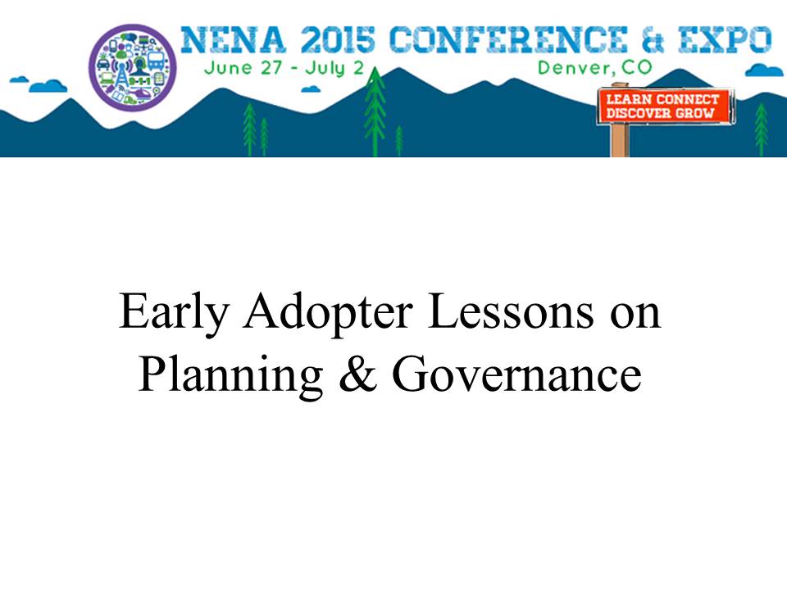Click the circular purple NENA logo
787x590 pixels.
(x=133, y=67)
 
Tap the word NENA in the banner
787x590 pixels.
(x=234, y=39)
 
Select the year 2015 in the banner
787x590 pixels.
(x=338, y=39)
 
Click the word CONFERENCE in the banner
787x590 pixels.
(x=508, y=39)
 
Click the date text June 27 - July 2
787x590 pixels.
(x=284, y=68)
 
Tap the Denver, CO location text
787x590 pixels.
(x=595, y=67)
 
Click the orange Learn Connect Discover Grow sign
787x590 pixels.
(x=663, y=106)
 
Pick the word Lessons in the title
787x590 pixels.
(x=511, y=312)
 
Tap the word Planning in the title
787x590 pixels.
(x=230, y=376)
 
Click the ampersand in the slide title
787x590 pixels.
(x=358, y=374)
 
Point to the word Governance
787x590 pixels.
(x=516, y=374)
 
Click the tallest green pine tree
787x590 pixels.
(x=375, y=111)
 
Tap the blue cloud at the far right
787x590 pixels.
(x=764, y=70)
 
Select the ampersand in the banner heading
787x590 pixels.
(x=653, y=40)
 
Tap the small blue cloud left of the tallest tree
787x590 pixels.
(x=312, y=89)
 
